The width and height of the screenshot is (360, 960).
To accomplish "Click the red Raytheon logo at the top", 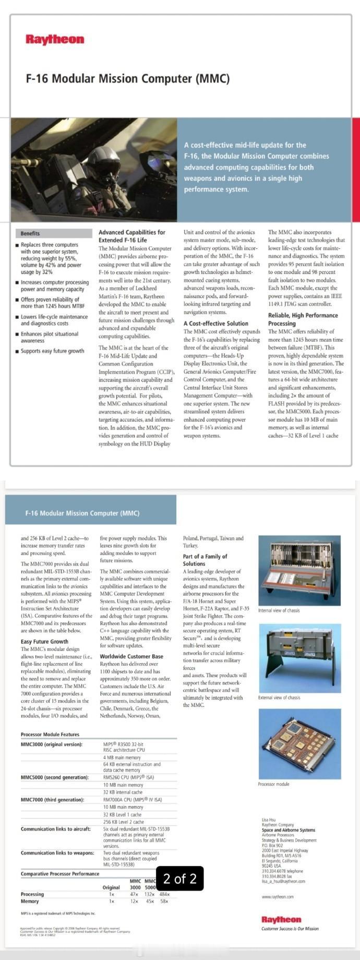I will pos(55,40).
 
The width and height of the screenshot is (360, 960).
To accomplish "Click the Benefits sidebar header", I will pos(30,233).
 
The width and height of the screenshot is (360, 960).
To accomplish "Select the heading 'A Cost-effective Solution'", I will pos(215,323).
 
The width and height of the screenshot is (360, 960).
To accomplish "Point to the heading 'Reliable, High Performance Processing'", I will pos(303,319).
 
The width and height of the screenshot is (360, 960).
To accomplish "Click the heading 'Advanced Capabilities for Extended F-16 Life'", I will pos(132,236).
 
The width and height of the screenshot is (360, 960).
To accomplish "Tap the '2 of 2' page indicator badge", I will pos(180,879).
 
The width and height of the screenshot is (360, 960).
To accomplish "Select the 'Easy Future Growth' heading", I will pos(44,642).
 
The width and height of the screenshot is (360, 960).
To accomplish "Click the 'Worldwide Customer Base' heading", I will pos(131,656).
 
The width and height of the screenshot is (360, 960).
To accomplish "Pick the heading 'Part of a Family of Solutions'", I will pos(205,560).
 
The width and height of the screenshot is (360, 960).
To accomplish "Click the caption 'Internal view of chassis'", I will pos(279,610).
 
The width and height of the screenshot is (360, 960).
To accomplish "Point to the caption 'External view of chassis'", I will pos(279,698).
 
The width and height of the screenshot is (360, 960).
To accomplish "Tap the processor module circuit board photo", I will pos(299,743).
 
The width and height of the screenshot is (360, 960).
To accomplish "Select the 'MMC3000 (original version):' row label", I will pos(52,745).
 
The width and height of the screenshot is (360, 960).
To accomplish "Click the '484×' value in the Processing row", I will pos(164,894).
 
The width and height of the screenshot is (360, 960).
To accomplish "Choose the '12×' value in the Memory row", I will pos(134,901).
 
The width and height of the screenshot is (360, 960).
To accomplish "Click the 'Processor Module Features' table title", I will pos(50,735).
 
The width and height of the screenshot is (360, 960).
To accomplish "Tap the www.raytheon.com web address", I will pos(278,897).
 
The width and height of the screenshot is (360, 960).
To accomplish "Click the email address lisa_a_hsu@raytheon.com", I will pos(283,881).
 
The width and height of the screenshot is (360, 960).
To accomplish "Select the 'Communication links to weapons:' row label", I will pos(57,853).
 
